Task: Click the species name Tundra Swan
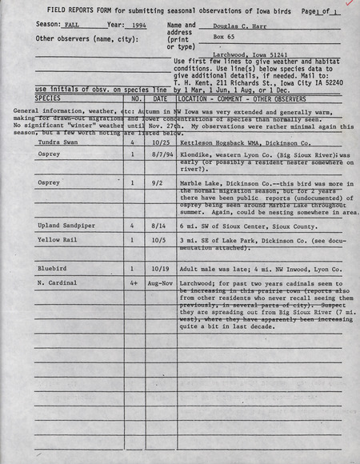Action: tap(55, 142)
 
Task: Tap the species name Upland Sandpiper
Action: tap(66, 226)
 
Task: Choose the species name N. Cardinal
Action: tap(58, 282)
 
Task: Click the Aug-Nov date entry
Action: tap(160, 282)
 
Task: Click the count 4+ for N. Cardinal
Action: tap(133, 282)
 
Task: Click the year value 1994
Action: tap(139, 26)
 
